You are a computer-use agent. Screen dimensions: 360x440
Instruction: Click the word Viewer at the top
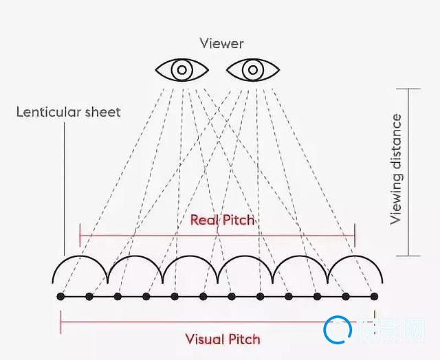[x=221, y=43]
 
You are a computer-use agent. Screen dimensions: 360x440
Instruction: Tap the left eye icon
[x=181, y=69]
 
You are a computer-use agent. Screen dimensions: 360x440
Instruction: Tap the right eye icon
[x=252, y=69]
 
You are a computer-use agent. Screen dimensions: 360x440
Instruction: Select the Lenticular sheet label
[x=68, y=111]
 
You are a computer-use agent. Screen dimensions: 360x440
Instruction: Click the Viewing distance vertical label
[x=396, y=169]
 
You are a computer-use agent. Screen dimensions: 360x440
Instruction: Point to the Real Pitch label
[x=222, y=220]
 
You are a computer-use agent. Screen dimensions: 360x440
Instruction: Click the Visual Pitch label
[x=223, y=339]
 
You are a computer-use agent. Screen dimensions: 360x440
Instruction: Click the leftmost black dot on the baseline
[x=60, y=296]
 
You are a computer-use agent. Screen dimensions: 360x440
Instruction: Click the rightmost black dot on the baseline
[x=374, y=296]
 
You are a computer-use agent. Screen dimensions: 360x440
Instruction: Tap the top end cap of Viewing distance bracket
[x=409, y=89]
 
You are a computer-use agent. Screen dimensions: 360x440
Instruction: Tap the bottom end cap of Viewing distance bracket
[x=409, y=256]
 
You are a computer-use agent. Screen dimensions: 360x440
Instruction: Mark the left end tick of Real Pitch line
[x=80, y=235]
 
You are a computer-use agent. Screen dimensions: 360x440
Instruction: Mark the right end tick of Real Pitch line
[x=355, y=235]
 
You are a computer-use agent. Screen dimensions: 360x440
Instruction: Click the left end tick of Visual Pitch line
[x=60, y=322]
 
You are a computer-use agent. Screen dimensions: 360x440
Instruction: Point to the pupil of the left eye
[x=181, y=69]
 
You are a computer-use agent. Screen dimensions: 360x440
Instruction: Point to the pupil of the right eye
[x=252, y=69]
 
